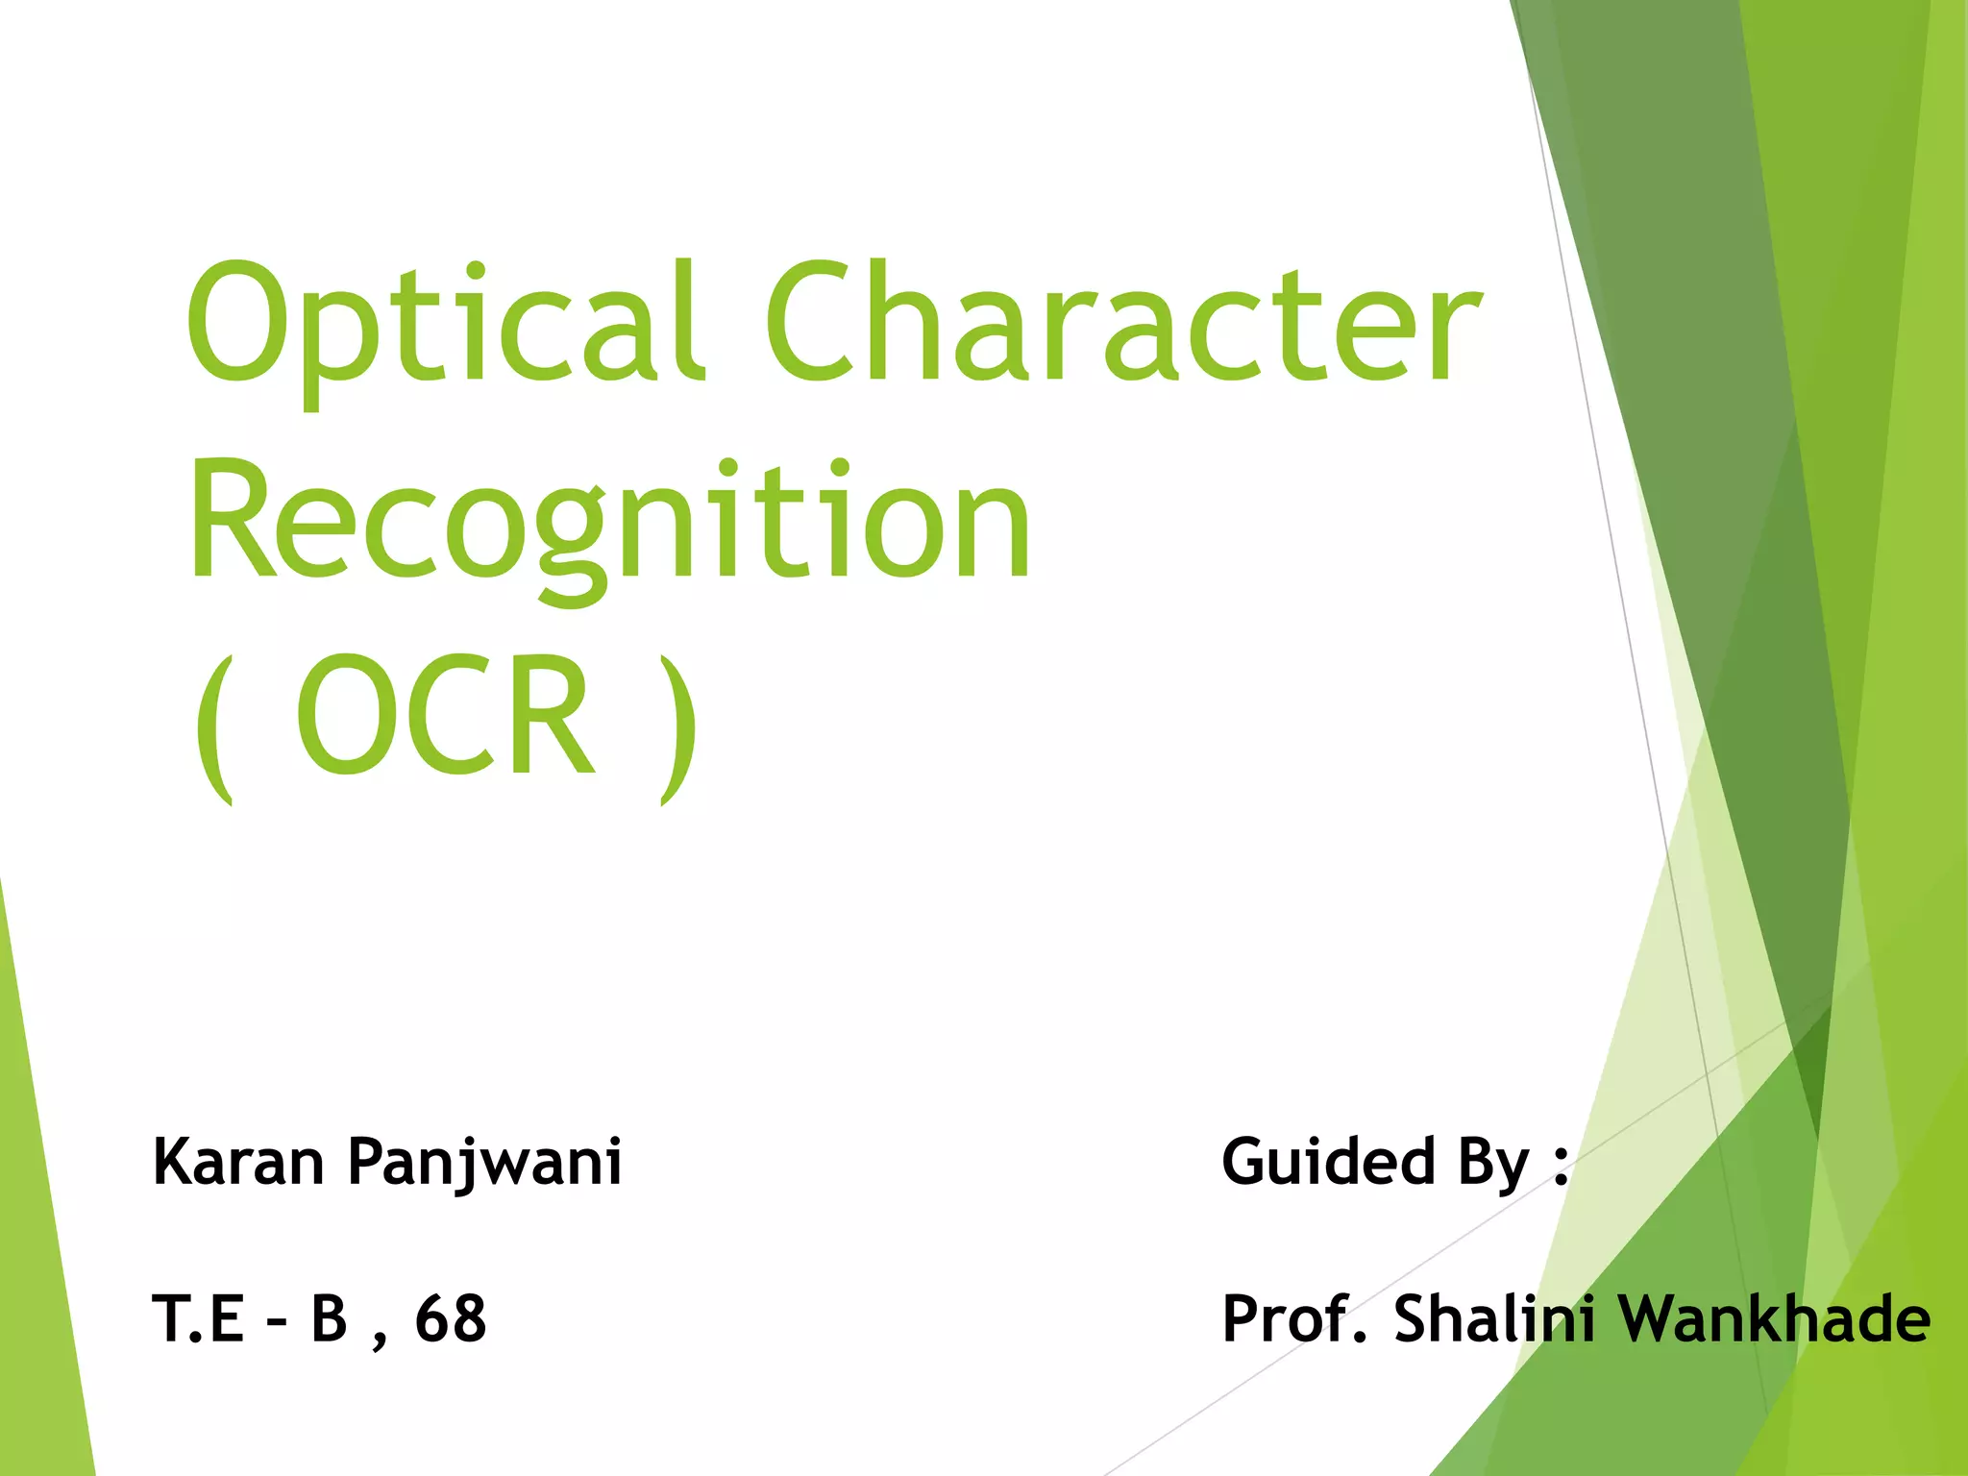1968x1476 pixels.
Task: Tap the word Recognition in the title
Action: (609, 524)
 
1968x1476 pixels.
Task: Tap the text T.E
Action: (198, 1318)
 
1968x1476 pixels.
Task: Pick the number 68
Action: (451, 1318)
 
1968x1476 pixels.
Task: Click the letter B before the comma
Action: (329, 1318)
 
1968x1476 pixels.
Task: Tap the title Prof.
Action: (1293, 1318)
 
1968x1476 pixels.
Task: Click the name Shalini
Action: (1495, 1318)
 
